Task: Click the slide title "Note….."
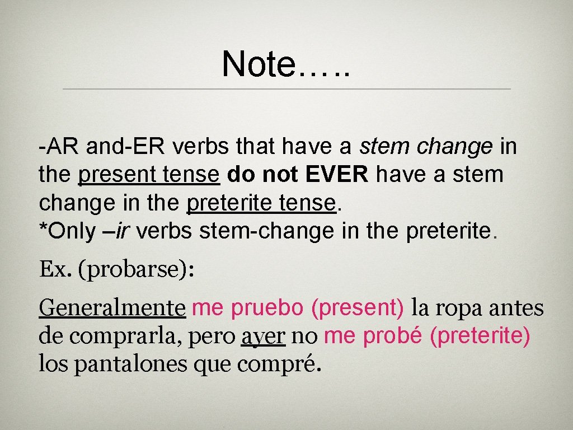pyautogui.click(x=285, y=63)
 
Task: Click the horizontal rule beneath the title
pyautogui.click(x=286, y=89)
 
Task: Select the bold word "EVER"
pyautogui.click(x=337, y=174)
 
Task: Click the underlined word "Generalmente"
pyautogui.click(x=112, y=307)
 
